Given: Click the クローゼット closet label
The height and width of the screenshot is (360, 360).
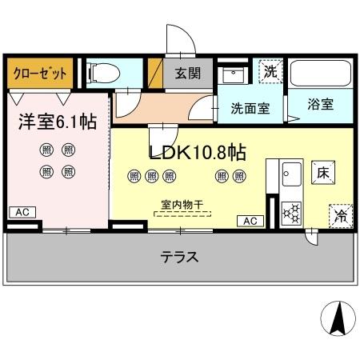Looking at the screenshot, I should point(40,73).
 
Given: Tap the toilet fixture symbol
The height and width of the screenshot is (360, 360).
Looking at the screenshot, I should point(103,74).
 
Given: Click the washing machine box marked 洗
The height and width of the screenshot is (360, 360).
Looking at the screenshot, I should point(271,71).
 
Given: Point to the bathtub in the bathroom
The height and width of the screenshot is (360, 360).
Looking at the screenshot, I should point(318,74).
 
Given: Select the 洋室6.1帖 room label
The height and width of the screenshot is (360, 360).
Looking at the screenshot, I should point(58,122).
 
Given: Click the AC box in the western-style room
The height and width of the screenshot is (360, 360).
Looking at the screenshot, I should point(22,212).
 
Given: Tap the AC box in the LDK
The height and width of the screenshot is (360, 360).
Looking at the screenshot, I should point(250,220).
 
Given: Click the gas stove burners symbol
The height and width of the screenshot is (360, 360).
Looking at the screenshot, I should point(290,211).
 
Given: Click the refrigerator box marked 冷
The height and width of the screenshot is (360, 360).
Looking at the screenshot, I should point(339,215).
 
